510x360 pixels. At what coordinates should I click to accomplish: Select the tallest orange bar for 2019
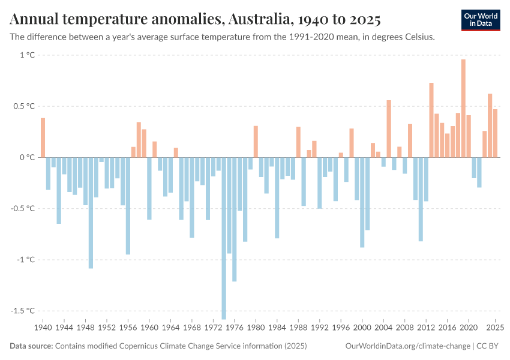[463, 108]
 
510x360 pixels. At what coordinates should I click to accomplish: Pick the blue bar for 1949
[91, 212]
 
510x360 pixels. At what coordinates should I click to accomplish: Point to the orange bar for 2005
[389, 128]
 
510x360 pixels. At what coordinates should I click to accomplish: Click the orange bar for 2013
[431, 120]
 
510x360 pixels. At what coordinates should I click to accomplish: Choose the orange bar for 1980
[256, 142]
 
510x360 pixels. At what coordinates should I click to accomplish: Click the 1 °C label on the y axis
[27, 55]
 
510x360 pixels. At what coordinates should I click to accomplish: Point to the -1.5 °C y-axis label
[23, 311]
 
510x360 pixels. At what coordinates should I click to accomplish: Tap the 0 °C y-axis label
[27, 157]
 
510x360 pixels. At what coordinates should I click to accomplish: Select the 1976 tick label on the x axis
[235, 328]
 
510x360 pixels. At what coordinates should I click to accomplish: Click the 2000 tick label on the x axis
[362, 328]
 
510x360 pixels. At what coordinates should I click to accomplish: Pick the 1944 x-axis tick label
[64, 328]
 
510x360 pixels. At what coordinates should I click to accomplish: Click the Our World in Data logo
[481, 20]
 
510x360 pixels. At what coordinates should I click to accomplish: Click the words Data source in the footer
[31, 346]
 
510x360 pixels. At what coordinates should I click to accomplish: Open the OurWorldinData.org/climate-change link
[408, 346]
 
